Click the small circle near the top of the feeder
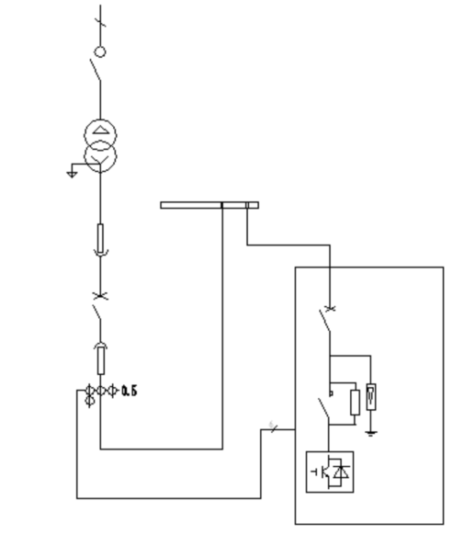tap(100, 51)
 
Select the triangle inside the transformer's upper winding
tap(100, 131)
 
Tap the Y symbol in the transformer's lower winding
tap(100, 160)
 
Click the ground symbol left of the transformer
tap(72, 174)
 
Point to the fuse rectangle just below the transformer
tap(100, 238)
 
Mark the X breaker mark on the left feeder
tap(100, 296)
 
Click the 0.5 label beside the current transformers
tap(130, 392)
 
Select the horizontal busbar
tap(209, 205)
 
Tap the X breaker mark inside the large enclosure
tap(330, 308)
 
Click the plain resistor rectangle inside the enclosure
tap(355, 403)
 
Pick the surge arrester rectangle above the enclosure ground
tap(371, 396)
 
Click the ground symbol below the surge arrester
tap(371, 434)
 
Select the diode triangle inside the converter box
tap(342, 472)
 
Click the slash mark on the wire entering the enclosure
tap(274, 428)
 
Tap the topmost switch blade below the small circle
tap(96, 70)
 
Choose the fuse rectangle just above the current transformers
tap(100, 360)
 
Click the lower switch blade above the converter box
tap(323, 409)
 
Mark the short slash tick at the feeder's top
tap(100, 22)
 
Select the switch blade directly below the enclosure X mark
tap(325, 321)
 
